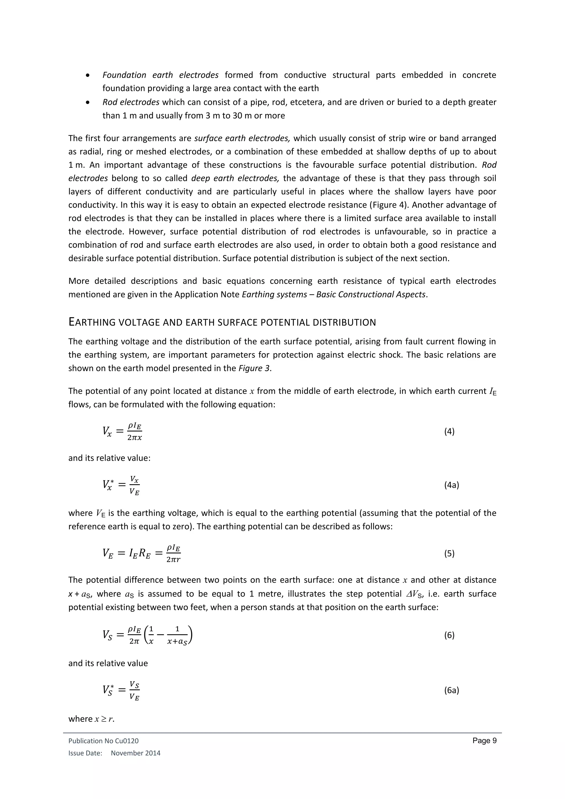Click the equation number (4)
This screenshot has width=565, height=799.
point(449,432)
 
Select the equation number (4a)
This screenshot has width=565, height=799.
point(451,485)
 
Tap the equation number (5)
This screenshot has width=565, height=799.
point(449,553)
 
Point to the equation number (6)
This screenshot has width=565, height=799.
point(449,635)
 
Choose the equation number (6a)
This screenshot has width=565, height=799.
point(451,690)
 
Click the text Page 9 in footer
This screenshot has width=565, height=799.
point(484,741)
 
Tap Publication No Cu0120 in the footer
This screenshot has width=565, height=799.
point(103,741)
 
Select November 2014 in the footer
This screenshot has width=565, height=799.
point(136,753)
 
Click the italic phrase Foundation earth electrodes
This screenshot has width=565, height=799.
point(160,75)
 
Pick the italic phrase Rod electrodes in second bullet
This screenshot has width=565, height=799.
point(131,102)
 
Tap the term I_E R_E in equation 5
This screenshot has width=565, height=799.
point(140,553)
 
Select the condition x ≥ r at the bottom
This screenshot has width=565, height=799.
point(104,719)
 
